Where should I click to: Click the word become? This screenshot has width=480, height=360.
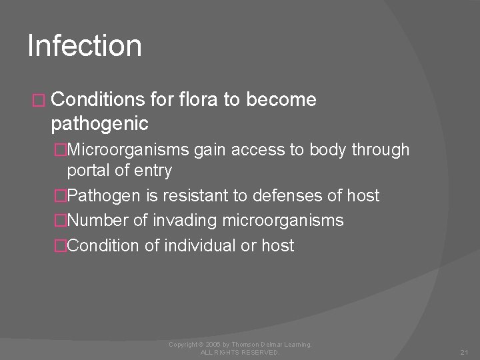[281, 100]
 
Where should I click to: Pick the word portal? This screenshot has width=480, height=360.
[89, 171]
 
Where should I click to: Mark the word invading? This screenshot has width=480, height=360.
[180, 221]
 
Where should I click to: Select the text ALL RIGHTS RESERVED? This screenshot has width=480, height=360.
[240, 351]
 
